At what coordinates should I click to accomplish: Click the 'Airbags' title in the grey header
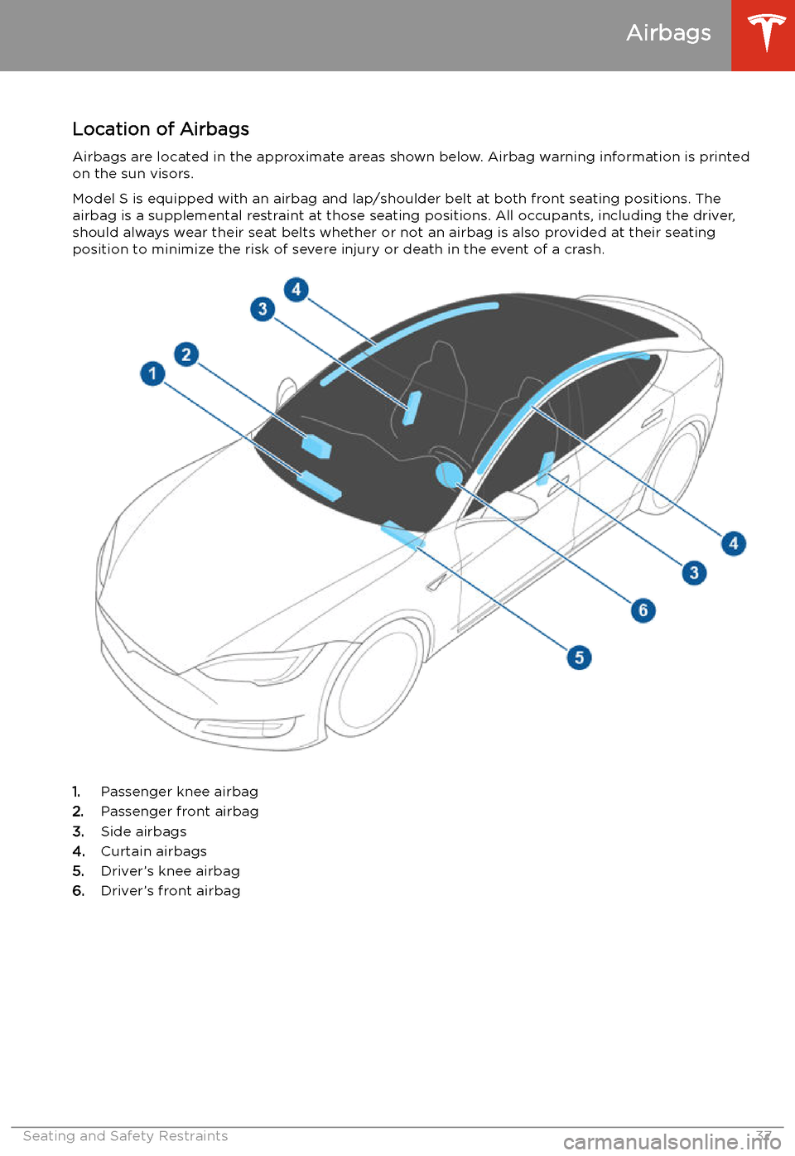[668, 33]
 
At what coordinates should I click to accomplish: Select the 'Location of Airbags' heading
[161, 129]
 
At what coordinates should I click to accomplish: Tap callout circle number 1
[152, 373]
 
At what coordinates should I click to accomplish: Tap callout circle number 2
[186, 354]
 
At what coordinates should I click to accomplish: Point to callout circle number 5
[579, 657]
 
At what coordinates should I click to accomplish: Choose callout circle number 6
[643, 610]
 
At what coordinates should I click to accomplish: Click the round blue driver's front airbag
[448, 474]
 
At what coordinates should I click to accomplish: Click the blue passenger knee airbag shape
[320, 486]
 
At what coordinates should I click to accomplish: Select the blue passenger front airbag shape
[316, 446]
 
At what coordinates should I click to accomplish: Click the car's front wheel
[377, 679]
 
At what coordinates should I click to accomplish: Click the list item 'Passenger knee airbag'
[179, 792]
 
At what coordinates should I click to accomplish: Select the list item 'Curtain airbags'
[153, 851]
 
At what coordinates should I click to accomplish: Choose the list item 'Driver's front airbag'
[170, 891]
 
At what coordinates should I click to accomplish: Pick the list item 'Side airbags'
[143, 831]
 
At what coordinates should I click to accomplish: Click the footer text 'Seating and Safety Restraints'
[125, 1136]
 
